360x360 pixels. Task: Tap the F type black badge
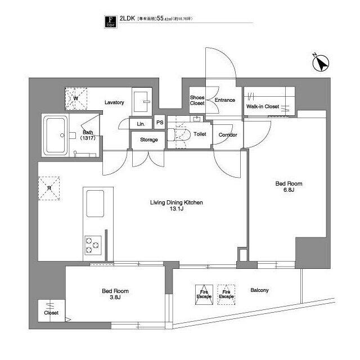111,22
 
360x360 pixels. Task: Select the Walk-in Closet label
263,106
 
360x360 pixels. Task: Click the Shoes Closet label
197,100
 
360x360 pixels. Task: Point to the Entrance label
224,100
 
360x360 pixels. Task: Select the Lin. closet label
141,123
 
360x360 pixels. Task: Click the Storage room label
148,139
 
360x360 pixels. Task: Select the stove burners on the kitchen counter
92,245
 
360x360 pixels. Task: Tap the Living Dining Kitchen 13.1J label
176,206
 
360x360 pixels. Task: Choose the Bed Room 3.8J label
115,295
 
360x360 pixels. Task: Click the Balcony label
259,290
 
